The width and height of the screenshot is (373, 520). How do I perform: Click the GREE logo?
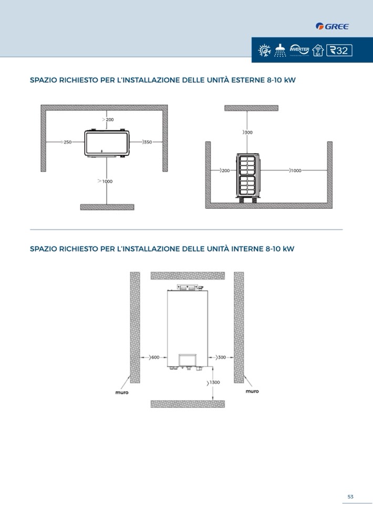332,26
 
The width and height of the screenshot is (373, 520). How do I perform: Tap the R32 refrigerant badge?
339,50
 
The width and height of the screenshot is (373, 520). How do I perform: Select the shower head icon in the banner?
280,50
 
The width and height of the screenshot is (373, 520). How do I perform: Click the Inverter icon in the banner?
299,50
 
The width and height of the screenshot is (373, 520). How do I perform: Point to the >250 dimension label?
66,142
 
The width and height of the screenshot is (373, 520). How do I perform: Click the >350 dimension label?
147,142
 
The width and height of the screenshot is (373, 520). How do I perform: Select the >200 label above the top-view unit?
108,120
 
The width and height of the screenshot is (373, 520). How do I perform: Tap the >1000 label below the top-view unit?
105,181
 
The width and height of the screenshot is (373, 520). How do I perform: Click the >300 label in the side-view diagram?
247,132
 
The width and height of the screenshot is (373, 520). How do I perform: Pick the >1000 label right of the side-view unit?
295,171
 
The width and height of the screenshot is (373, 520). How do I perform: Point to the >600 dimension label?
154,357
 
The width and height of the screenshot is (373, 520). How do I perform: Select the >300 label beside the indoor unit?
221,357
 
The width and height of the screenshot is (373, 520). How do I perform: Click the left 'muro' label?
122,392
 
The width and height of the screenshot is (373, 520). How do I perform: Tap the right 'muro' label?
252,391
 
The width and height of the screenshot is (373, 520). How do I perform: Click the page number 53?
350,496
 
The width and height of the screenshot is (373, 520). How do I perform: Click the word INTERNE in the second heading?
247,249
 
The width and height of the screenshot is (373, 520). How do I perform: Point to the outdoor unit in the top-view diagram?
107,143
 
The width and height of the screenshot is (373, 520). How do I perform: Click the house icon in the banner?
318,50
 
